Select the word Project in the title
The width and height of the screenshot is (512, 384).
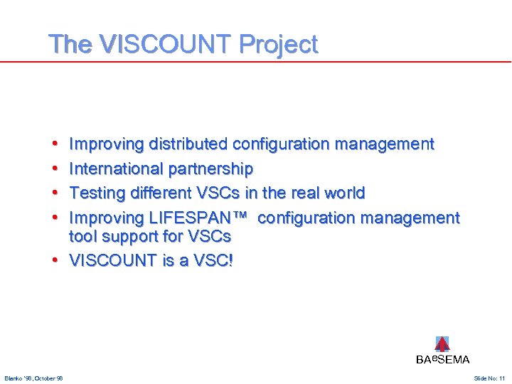[x=279, y=45]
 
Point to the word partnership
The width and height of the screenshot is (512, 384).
[x=210, y=169]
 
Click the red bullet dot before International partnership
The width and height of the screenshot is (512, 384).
[x=55, y=169]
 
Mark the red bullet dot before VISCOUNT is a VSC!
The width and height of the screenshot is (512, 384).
[x=55, y=260]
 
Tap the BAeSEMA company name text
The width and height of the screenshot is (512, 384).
[x=442, y=360]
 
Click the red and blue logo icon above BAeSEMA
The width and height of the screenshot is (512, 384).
[x=442, y=344]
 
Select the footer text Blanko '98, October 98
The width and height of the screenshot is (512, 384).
[x=33, y=378]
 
